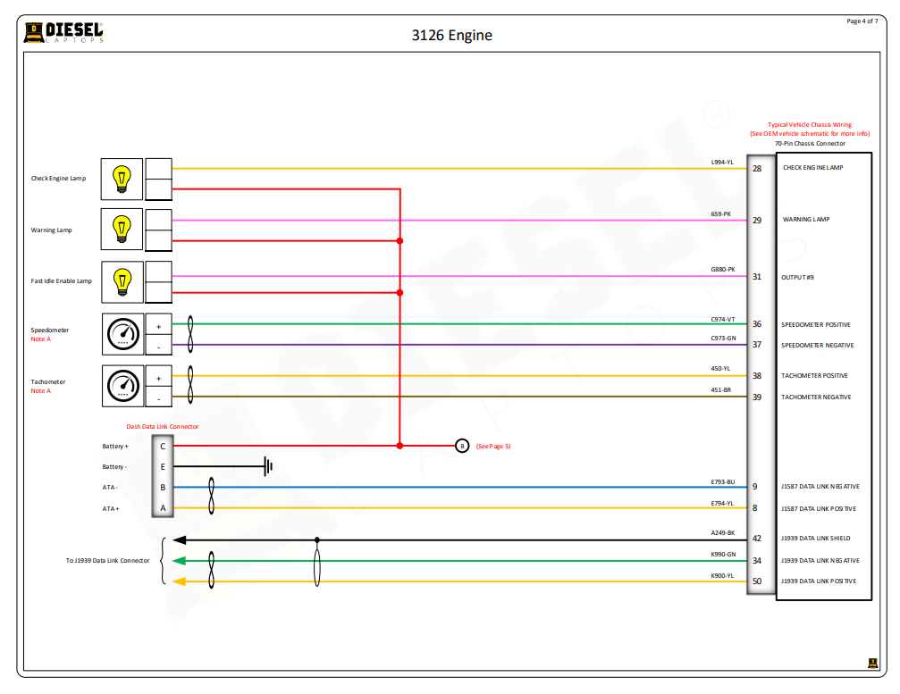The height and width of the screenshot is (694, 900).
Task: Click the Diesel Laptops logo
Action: [x=63, y=33]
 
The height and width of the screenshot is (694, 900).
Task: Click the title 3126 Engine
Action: [x=451, y=36]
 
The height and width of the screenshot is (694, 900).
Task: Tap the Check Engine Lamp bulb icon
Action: [x=122, y=179]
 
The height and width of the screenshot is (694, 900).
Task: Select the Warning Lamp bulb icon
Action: [x=122, y=230]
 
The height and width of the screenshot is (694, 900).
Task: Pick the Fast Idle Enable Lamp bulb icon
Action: [x=122, y=281]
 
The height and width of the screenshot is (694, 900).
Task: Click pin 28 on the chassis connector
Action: [x=757, y=168]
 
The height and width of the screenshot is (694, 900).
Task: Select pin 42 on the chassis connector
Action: [x=756, y=539]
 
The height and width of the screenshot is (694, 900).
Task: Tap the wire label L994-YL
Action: [x=722, y=162]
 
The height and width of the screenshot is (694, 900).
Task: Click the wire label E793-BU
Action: [x=722, y=481]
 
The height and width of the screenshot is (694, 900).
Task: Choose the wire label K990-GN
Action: [x=722, y=554]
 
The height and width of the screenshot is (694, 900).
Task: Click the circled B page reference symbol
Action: [x=462, y=446]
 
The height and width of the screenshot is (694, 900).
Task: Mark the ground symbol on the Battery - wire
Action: [x=267, y=466]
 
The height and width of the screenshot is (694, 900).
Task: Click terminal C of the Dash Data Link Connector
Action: [x=163, y=446]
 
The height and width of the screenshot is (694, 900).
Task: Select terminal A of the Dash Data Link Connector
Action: [x=163, y=509]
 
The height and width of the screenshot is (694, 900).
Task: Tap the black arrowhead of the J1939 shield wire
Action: [x=179, y=539]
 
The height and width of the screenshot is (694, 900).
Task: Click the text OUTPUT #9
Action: [x=798, y=277]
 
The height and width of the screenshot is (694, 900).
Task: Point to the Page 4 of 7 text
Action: [x=862, y=21]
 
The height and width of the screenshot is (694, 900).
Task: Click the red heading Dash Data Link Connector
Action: [x=163, y=427]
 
